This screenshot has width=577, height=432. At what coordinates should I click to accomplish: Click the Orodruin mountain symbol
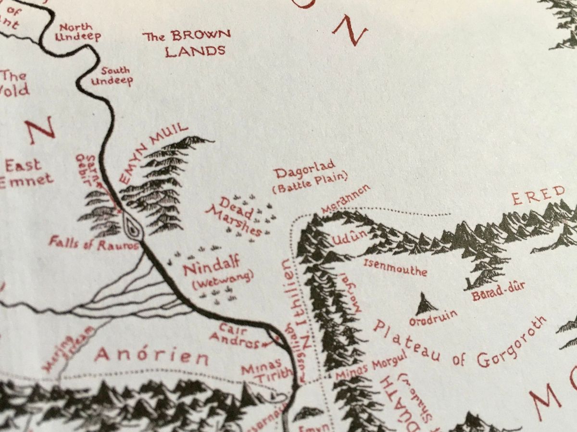[426, 304]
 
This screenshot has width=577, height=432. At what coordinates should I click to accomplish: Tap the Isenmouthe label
[395, 267]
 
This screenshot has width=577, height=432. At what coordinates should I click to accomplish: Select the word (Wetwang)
[222, 280]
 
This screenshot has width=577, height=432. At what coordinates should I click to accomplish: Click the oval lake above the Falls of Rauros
[132, 226]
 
